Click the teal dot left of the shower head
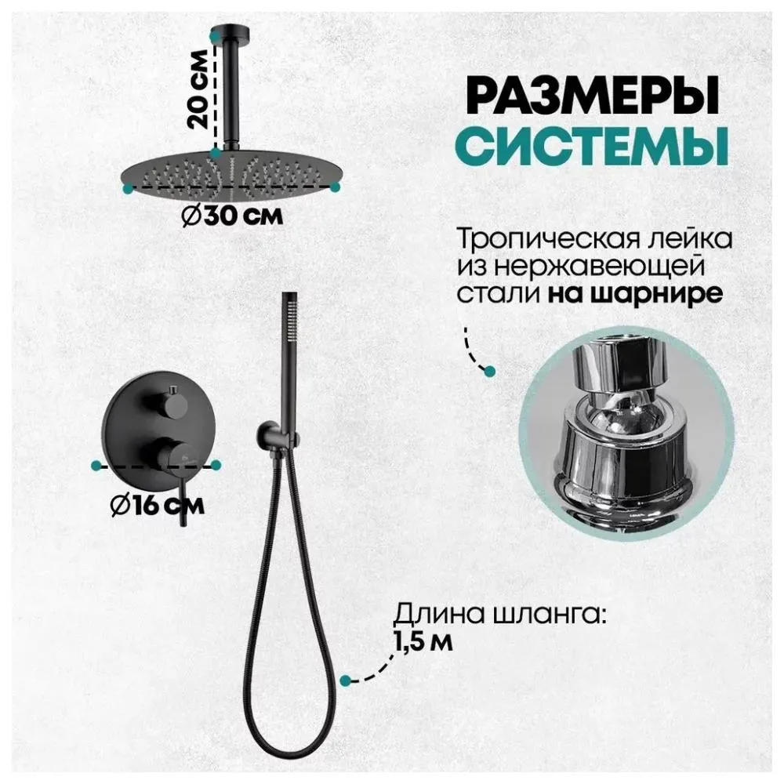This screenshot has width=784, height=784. click(127, 188)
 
